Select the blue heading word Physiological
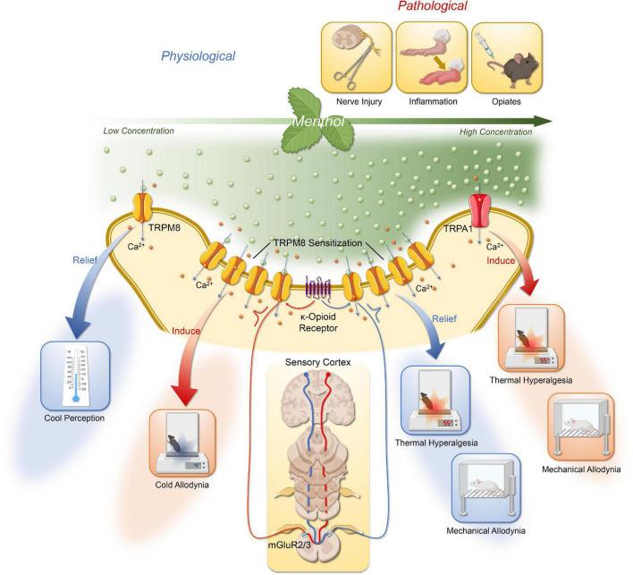(x=198, y=56)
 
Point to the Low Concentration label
(x=139, y=131)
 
